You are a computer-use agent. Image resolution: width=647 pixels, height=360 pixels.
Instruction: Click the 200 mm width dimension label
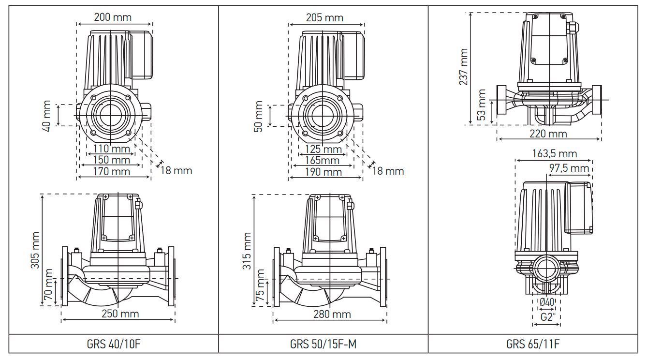(113, 17)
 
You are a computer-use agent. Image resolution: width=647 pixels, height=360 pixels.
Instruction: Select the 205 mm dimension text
(324, 18)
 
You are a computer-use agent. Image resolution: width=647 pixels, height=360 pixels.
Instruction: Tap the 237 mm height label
(464, 67)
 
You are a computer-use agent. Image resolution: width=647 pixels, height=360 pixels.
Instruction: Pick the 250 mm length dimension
(120, 314)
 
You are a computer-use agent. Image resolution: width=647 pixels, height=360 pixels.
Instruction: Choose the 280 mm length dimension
(332, 315)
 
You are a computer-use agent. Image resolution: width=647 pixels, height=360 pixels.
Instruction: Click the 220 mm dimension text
(549, 133)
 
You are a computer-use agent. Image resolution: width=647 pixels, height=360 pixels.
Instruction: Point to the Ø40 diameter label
(547, 302)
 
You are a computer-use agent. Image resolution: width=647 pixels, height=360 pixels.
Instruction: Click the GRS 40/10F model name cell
(114, 345)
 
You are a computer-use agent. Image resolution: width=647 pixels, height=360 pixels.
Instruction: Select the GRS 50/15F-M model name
(323, 345)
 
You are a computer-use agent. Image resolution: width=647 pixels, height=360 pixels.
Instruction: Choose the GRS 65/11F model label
(533, 345)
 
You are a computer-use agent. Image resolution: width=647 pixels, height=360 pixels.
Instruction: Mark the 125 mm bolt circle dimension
(323, 149)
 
